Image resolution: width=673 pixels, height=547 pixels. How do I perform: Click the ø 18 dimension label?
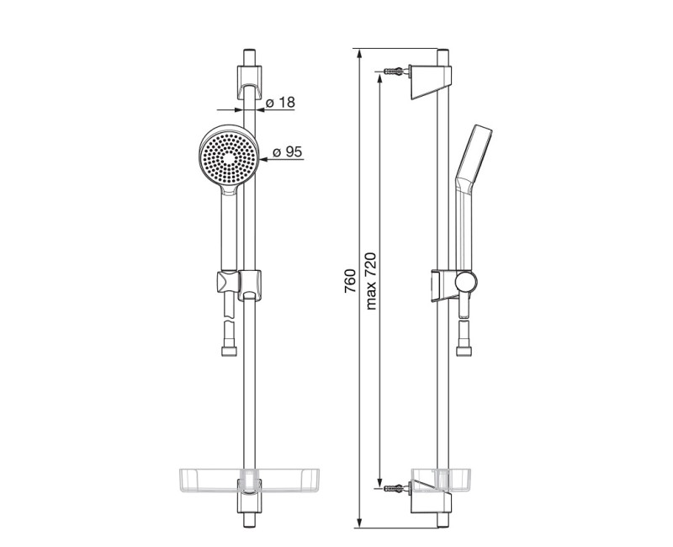pyautogui.click(x=280, y=103)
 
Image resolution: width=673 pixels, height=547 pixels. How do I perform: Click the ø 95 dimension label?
pyautogui.click(x=288, y=151)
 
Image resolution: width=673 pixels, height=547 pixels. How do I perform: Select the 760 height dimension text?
pyautogui.click(x=351, y=281)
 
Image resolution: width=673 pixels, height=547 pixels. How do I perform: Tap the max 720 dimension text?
pyautogui.click(x=370, y=281)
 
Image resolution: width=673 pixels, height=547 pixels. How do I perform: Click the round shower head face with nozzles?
pyautogui.click(x=228, y=157)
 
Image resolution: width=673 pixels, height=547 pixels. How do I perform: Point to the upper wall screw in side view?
pyautogui.click(x=395, y=71)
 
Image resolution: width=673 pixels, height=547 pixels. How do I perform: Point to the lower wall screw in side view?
pyautogui.click(x=395, y=488)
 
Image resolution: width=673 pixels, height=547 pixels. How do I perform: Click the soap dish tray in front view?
pyautogui.click(x=249, y=480)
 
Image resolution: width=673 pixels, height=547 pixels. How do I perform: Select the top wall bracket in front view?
pyautogui.click(x=249, y=82)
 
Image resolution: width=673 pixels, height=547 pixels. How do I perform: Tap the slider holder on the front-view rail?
pyautogui.click(x=250, y=284)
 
